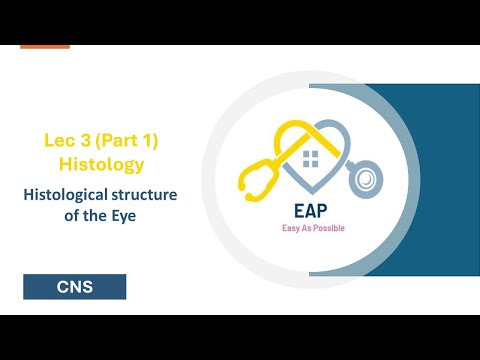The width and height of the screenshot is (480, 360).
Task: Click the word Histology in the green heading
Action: pyautogui.click(x=101, y=162)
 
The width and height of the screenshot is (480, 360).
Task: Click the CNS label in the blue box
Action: pyautogui.click(x=75, y=288)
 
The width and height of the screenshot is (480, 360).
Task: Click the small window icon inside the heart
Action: pyautogui.click(x=311, y=157)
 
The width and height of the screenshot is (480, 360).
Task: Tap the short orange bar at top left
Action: pyautogui.click(x=45, y=46)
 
